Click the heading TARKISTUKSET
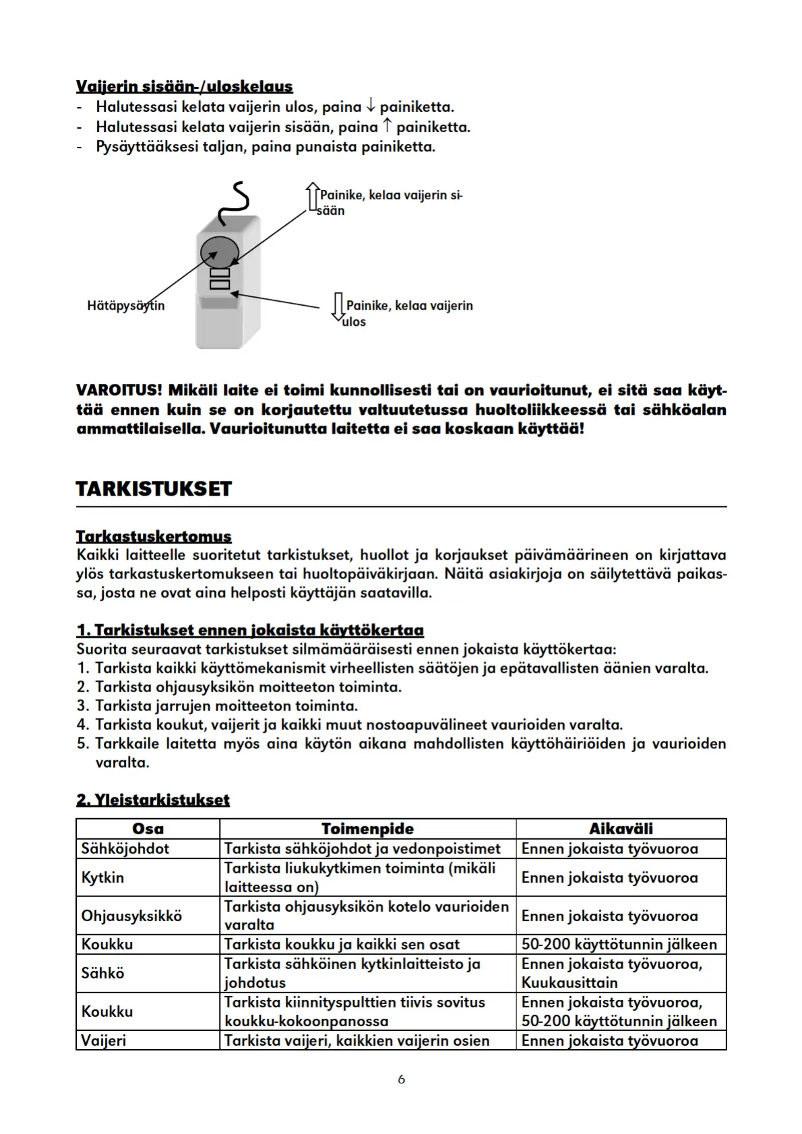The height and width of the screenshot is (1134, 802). (154, 489)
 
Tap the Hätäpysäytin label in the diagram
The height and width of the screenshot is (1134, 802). (125, 306)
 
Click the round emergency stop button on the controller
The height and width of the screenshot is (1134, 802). (220, 252)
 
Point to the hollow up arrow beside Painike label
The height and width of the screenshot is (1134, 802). (312, 197)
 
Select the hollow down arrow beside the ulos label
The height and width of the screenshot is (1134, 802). (338, 308)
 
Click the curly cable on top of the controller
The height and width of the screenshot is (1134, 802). (236, 203)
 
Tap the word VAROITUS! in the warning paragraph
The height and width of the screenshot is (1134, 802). (119, 391)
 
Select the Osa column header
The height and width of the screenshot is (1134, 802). (148, 829)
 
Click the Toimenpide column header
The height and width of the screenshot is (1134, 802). (367, 829)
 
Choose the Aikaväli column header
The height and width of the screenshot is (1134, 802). (621, 829)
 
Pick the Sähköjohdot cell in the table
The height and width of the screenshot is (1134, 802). (125, 848)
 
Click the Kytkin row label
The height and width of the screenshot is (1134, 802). (102, 877)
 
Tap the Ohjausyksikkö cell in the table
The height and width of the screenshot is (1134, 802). (131, 916)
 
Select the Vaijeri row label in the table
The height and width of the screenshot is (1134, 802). (104, 1040)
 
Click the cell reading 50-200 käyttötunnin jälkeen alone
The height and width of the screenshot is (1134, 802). (619, 944)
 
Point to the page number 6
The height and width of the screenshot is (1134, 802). (402, 1079)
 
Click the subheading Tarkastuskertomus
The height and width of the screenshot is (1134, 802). (154, 537)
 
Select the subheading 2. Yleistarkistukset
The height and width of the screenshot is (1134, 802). (153, 800)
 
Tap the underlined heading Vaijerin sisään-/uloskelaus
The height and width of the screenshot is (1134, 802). (185, 86)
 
